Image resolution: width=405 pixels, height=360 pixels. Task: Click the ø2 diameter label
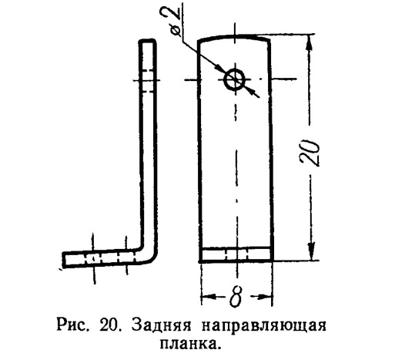point(176,23)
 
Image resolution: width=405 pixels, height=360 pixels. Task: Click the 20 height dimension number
point(310,153)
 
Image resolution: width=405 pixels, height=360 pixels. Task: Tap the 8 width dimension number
point(236,297)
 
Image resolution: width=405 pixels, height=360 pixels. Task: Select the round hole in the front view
point(235,79)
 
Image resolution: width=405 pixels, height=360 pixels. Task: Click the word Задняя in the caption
point(162,325)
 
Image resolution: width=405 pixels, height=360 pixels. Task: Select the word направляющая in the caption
point(264,326)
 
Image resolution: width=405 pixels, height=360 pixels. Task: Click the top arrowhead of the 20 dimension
point(310,42)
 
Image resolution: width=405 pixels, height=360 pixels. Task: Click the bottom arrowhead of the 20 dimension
point(312,251)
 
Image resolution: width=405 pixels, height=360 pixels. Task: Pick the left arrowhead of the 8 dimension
point(209,296)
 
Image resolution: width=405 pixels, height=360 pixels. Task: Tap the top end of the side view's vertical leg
point(148,41)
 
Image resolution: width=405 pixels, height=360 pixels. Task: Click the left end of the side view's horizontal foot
point(64,259)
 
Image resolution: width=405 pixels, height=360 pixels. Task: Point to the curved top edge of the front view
point(234,37)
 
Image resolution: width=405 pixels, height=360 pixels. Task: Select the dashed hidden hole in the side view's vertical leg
point(148,80)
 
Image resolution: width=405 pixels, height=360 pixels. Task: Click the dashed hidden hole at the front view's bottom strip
point(237,254)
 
